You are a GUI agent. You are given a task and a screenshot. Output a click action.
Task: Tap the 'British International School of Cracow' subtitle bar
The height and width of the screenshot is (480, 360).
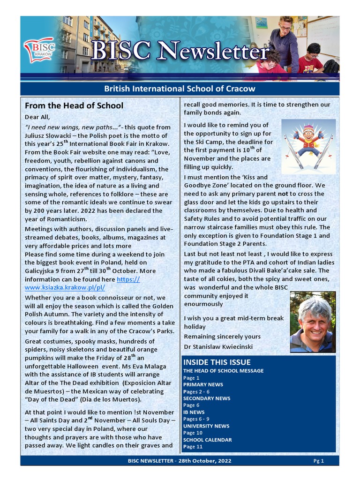point(180,89)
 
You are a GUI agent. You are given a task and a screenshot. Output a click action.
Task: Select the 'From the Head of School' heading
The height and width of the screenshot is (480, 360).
point(74,105)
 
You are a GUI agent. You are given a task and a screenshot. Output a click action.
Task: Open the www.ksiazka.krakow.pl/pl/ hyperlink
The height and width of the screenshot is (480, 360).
point(65,287)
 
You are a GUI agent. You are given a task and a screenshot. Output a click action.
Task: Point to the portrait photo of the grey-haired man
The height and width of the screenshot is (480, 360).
point(313,322)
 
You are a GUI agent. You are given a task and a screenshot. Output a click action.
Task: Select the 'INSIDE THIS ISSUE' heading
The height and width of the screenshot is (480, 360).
point(217,362)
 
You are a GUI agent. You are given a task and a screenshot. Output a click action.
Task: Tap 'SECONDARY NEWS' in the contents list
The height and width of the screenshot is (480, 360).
point(207,398)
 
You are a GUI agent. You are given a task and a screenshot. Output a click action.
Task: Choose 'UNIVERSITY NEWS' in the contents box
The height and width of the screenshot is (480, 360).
point(206,426)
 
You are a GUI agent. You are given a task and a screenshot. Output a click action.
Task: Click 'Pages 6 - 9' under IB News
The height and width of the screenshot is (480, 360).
point(196,419)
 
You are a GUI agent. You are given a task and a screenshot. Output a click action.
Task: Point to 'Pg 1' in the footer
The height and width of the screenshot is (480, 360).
point(319,461)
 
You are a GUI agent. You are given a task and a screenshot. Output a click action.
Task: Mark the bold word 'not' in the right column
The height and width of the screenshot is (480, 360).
point(283,194)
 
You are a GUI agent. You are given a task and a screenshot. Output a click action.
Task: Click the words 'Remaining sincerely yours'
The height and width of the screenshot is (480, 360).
point(222,337)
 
